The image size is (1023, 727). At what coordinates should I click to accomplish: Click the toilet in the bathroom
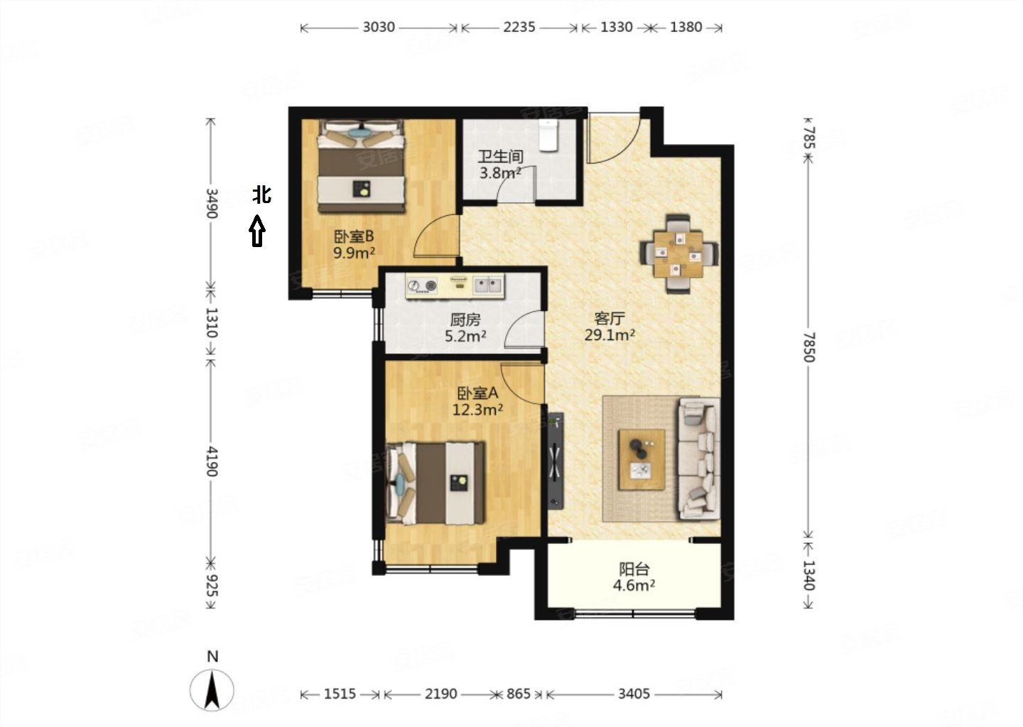point(548,135)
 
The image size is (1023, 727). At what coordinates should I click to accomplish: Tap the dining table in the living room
point(678,254)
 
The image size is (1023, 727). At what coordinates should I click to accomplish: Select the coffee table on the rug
point(642,459)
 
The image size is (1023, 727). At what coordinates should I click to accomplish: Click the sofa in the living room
point(699,459)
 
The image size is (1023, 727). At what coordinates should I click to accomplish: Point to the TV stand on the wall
point(556,461)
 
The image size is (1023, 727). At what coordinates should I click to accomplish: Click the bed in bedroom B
point(361,166)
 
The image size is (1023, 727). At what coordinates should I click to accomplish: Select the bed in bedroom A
point(435,483)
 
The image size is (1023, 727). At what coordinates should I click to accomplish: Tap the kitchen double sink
point(488,285)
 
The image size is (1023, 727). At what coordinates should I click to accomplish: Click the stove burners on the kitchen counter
point(423,285)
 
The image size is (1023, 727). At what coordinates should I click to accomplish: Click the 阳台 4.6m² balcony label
point(634,577)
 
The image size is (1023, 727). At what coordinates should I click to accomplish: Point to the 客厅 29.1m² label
point(610,327)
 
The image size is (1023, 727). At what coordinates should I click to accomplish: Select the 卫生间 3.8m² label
point(500,164)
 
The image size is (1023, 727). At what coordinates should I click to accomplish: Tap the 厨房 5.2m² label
point(465,328)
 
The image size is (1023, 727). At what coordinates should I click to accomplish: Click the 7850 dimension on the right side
point(808,347)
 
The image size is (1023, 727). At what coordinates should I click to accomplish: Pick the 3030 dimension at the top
point(379,28)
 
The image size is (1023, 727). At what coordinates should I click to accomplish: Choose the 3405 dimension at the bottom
point(634,694)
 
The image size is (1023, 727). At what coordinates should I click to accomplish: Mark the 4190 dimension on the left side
point(211,461)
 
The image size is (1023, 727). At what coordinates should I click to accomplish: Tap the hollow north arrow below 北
point(257,231)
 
